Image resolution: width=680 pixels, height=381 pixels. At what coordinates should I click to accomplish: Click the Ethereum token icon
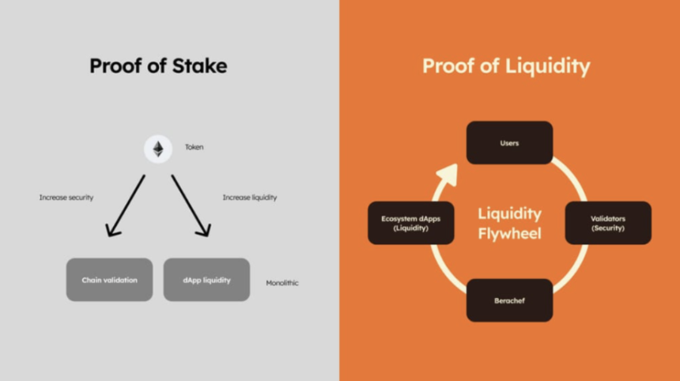click(x=158, y=149)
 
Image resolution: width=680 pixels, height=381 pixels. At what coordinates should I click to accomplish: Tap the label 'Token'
click(x=194, y=147)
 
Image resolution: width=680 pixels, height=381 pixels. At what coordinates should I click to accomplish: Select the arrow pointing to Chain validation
click(x=126, y=206)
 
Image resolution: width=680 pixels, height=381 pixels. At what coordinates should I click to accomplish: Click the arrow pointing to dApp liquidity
click(x=191, y=206)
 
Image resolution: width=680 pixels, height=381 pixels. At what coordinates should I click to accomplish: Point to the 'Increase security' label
click(x=66, y=198)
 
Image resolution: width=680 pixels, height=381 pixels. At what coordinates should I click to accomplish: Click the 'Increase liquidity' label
click(x=250, y=198)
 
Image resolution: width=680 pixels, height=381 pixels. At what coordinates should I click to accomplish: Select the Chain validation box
click(x=109, y=280)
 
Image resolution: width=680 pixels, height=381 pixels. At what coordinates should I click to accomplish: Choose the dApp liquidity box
click(x=206, y=280)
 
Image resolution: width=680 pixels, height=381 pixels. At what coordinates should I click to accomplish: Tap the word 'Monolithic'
click(x=282, y=283)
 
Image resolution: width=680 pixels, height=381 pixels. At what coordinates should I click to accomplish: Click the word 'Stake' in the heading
click(x=199, y=66)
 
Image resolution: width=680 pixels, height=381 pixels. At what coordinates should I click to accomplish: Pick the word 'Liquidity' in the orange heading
click(x=548, y=66)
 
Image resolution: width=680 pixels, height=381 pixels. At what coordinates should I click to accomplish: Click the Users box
click(x=509, y=142)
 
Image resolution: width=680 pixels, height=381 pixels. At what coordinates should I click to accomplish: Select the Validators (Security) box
click(x=608, y=223)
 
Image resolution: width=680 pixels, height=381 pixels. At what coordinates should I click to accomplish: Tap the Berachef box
click(x=509, y=300)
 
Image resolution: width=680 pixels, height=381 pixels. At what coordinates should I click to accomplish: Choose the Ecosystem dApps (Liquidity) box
click(x=411, y=223)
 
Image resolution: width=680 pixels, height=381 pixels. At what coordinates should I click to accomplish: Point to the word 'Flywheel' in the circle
click(x=509, y=234)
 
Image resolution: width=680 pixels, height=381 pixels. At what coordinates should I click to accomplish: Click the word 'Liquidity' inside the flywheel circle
click(x=509, y=213)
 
